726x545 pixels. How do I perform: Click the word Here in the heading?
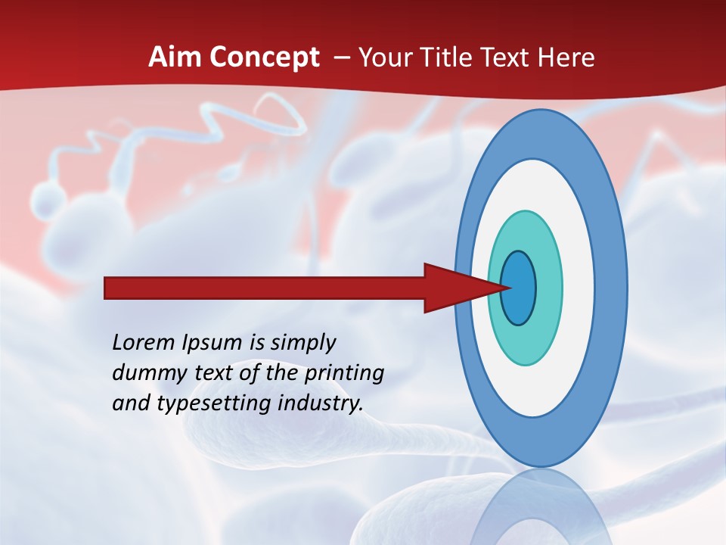click(x=566, y=58)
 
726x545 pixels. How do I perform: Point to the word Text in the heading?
click(x=506, y=58)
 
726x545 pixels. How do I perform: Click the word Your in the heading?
click(x=385, y=58)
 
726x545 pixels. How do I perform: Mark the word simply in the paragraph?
click(x=302, y=344)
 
